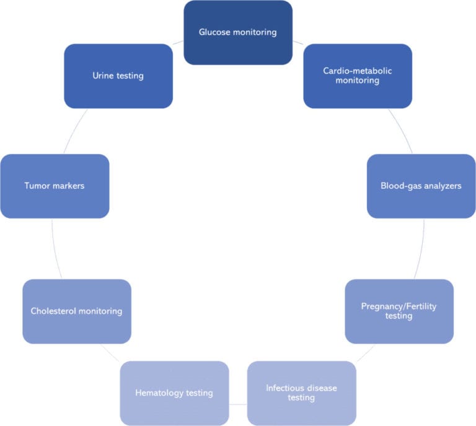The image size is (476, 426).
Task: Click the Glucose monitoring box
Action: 238,32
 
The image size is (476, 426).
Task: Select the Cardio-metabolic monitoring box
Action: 358,76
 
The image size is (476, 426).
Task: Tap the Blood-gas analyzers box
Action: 421,186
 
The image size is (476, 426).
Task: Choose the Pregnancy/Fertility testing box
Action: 399,311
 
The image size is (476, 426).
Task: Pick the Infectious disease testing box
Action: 301,393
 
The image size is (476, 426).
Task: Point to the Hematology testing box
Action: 174,393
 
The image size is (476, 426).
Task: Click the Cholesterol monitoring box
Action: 77,311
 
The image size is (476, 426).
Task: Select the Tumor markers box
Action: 55,186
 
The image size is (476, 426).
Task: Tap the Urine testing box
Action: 118,76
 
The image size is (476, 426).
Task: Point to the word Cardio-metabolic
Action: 358,71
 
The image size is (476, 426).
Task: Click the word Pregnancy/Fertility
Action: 399,306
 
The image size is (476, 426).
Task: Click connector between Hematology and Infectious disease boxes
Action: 238,404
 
